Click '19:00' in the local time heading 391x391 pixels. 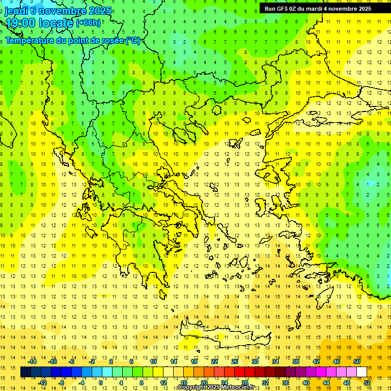click(20, 23)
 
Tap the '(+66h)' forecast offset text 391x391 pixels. click(88, 23)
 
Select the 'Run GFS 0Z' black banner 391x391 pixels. click(318, 9)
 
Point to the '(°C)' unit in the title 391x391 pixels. click(133, 41)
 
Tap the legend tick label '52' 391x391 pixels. click(367, 382)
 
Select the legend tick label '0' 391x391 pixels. click(100, 382)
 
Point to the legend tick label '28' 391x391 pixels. click(245, 382)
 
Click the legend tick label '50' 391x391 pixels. click(357, 361)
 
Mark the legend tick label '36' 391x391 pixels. click(286, 382)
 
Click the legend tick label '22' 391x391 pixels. click(214, 361)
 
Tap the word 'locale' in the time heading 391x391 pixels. click(58, 23)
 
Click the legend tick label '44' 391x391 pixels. click(326, 382)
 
